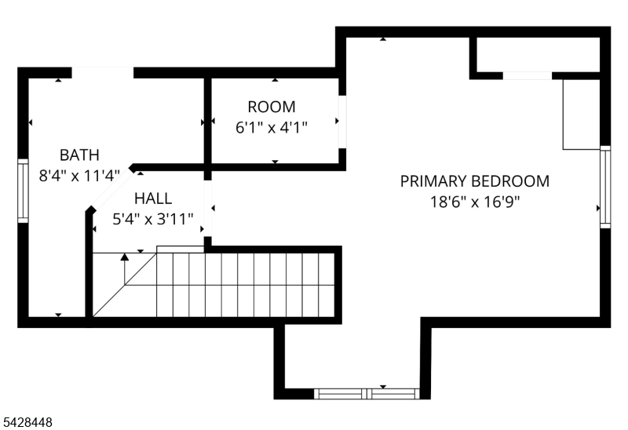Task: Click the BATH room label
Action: tap(79, 155)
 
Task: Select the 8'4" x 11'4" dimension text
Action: tap(79, 175)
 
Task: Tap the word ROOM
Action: tap(272, 107)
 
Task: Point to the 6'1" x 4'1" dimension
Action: tap(272, 128)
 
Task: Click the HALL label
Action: tap(153, 199)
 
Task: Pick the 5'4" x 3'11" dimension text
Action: tap(153, 219)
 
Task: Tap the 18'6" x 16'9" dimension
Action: tap(475, 202)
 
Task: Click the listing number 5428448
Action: tap(27, 422)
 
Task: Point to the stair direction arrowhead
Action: tap(125, 257)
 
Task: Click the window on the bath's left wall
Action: tap(24, 191)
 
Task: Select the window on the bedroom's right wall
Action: tap(605, 187)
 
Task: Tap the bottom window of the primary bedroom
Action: tap(367, 394)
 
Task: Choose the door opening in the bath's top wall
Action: tap(103, 73)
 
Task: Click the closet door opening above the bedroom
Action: tap(528, 75)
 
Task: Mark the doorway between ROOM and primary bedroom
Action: tap(342, 122)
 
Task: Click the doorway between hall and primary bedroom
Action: tap(208, 209)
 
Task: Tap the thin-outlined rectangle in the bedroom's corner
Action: tap(581, 115)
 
